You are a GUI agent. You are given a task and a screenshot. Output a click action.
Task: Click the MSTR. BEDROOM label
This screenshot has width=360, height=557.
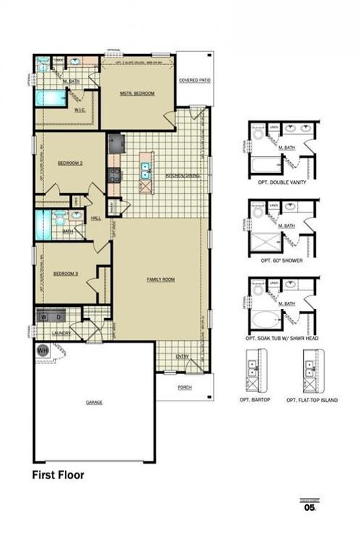click(137, 94)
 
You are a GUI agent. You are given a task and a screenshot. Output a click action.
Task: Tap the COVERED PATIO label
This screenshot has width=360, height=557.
click(194, 80)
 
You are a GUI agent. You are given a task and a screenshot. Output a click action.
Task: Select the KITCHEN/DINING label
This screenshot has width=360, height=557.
click(181, 175)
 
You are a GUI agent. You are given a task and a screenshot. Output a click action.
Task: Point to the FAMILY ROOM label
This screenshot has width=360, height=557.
click(161, 279)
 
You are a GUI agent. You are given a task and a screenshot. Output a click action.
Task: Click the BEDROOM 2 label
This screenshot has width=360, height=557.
click(71, 163)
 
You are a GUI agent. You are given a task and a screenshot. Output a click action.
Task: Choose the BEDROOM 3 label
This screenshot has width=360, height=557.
click(66, 273)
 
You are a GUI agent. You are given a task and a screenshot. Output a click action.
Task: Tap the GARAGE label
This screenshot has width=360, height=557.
click(94, 402)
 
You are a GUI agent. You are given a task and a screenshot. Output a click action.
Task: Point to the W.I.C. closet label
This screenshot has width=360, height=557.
click(81, 110)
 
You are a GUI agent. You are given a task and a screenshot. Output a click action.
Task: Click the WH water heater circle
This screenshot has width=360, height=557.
click(42, 351)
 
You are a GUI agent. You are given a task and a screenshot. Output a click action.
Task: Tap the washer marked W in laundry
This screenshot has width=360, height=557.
click(45, 316)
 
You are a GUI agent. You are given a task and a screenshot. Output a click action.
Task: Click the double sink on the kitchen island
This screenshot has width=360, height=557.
click(146, 170)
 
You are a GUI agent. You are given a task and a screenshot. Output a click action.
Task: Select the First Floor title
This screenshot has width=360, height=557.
click(58, 475)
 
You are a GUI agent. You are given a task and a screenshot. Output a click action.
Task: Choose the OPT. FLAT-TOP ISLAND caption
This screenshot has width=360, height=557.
click(312, 399)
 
